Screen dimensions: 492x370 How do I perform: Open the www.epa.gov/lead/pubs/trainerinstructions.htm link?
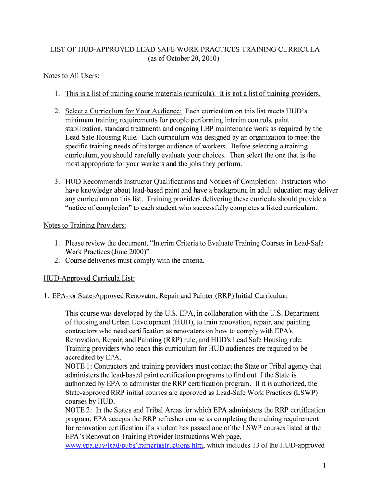point(134,445)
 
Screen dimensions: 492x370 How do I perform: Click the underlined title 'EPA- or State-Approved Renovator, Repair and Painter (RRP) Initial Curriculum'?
point(170,295)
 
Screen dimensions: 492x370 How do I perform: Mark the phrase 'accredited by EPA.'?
point(93,357)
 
